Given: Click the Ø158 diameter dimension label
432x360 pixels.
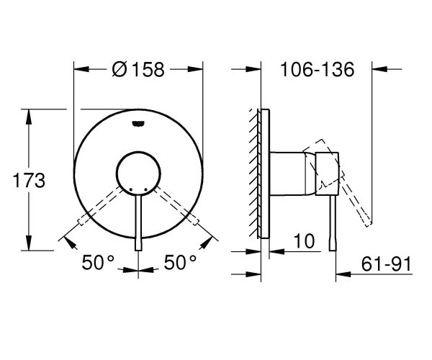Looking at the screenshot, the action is (138, 69).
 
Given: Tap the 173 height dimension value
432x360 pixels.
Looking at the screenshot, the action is (29, 181).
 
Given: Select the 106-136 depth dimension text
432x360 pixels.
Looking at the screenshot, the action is (317, 69).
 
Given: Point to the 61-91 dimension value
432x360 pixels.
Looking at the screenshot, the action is (387, 264).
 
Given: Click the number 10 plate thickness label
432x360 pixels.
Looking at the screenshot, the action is (304, 240).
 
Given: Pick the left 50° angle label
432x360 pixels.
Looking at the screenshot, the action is (98, 262).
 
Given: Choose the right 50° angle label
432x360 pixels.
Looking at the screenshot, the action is (180, 262).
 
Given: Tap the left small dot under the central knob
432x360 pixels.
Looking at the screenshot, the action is (130, 189).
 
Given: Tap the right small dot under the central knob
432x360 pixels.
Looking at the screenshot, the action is (145, 189).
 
